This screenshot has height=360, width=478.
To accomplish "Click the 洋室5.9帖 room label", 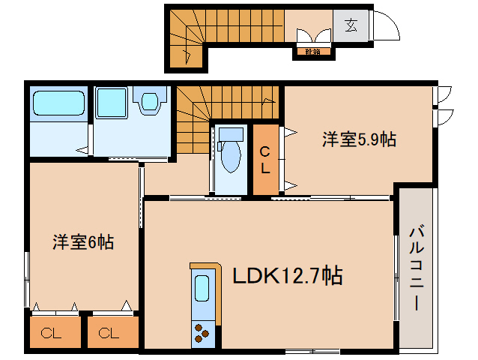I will [x=360, y=139].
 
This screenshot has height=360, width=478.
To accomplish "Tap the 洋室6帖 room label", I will [x=83, y=242].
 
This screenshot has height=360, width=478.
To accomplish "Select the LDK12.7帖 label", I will [x=287, y=277].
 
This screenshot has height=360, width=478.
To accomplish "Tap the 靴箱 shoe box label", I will [x=312, y=52].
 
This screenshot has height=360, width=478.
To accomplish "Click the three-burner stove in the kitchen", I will [x=202, y=331].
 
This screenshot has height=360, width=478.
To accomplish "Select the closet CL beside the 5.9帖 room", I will [x=265, y=160].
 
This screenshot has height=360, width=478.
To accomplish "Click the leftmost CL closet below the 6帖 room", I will [x=54, y=332].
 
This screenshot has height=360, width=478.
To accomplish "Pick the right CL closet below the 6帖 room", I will [x=113, y=332].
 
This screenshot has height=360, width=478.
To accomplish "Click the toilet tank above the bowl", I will [x=232, y=136].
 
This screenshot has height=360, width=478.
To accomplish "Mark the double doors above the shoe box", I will [x=312, y=37].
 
